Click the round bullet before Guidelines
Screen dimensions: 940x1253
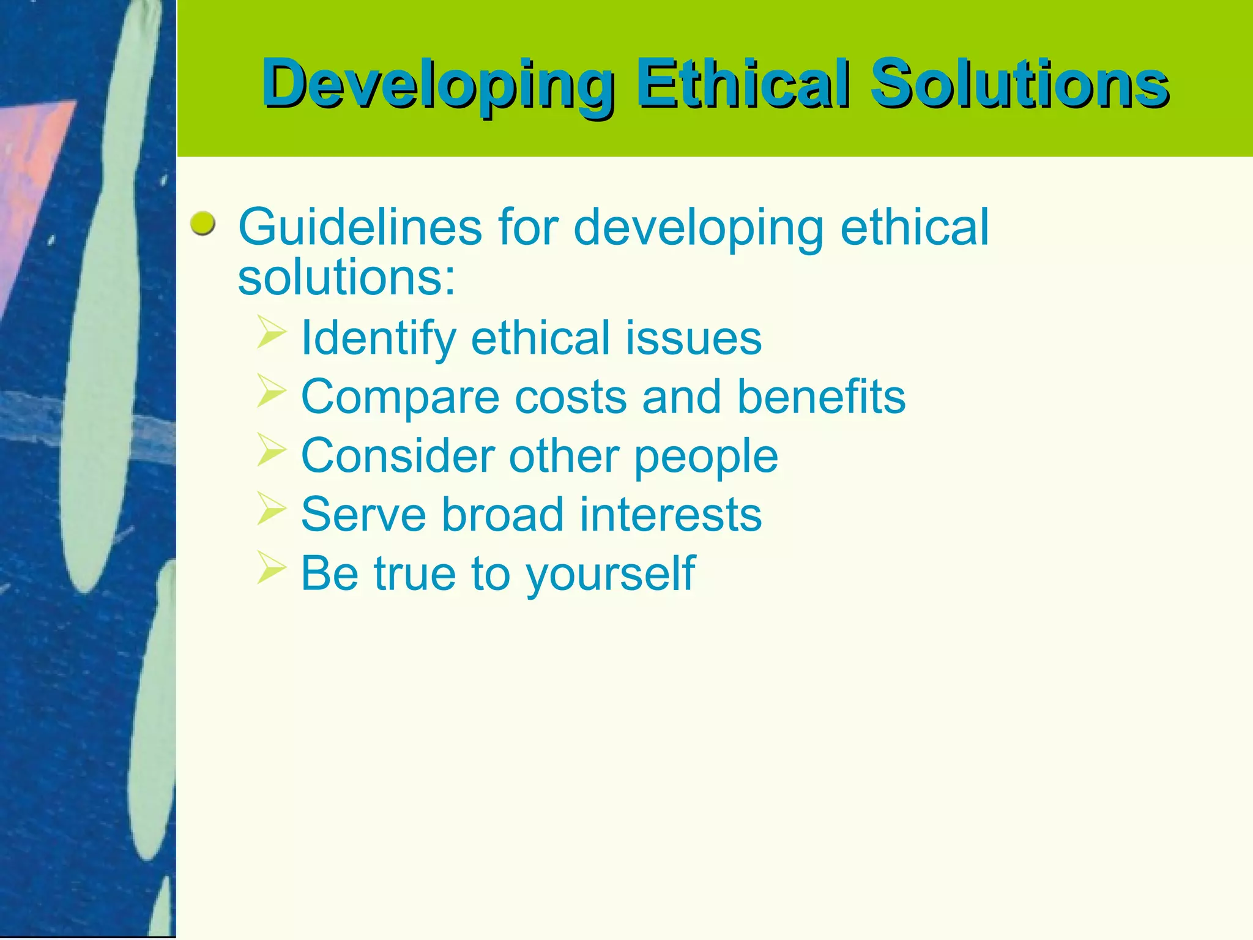pyautogui.click(x=203, y=224)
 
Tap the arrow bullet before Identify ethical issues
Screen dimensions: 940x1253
pyautogui.click(x=271, y=332)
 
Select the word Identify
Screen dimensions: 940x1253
pyautogui.click(x=378, y=338)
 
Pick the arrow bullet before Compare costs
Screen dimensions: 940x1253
pyautogui.click(x=271, y=390)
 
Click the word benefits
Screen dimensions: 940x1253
pyautogui.click(x=820, y=397)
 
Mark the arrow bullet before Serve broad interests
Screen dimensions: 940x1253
pyautogui.click(x=271, y=508)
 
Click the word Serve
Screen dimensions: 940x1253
pyautogui.click(x=363, y=515)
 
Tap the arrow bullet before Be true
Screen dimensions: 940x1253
pyautogui.click(x=271, y=567)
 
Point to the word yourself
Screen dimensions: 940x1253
pyautogui.click(x=610, y=574)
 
